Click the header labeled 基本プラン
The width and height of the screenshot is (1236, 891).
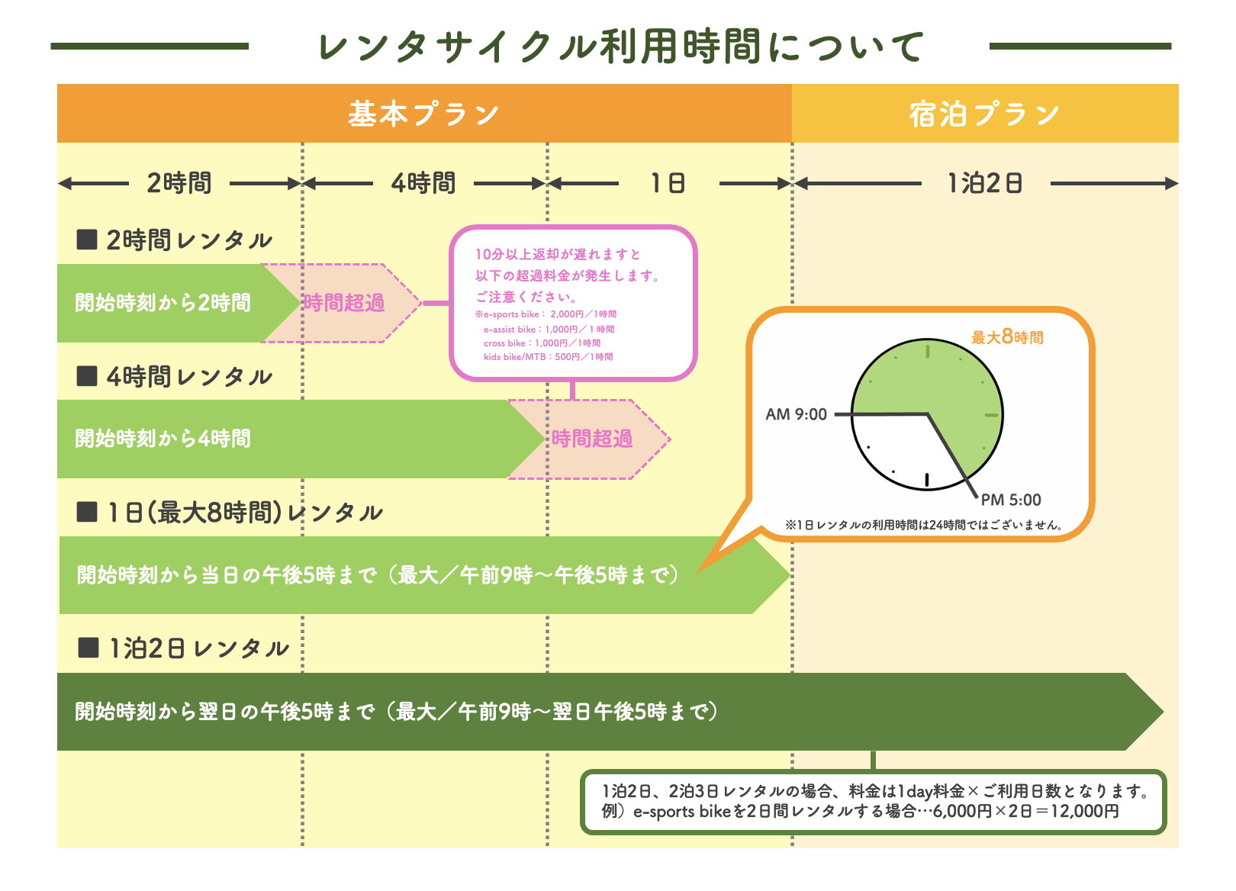[423, 114]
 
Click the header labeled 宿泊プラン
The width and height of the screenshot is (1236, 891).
[984, 114]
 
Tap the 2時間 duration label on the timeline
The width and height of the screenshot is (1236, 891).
[179, 183]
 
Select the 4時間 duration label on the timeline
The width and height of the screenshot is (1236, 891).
[423, 183]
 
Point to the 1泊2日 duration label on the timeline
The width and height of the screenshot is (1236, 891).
[985, 183]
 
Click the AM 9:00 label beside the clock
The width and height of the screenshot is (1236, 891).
[796, 414]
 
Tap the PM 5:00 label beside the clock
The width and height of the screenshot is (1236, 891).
[1011, 500]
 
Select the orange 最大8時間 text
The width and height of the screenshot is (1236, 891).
[1007, 336]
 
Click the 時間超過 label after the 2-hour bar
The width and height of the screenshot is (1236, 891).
[344, 303]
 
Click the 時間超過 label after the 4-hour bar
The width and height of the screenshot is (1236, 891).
[592, 439]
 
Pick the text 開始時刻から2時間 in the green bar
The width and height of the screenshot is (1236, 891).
[163, 303]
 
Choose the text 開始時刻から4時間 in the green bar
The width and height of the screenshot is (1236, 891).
[163, 439]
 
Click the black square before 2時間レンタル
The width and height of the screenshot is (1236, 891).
[87, 240]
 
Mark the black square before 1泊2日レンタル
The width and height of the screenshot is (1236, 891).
[89, 648]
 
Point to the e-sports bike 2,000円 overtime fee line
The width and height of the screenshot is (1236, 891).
[546, 314]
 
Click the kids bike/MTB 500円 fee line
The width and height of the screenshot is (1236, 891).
[548, 357]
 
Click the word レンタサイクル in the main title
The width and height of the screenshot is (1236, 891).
[458, 47]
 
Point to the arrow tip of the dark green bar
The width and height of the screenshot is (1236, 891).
[1164, 712]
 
